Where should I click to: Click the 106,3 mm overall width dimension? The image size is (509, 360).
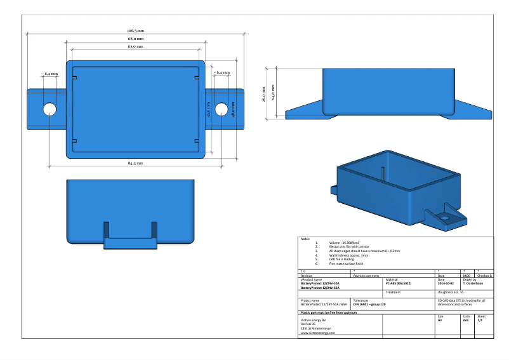point(135,30)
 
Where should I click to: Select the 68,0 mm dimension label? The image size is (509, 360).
point(135,39)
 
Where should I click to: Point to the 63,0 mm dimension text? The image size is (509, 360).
point(135,47)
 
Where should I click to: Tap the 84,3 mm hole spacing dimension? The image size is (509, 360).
point(135,163)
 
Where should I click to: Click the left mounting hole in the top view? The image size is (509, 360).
point(50,109)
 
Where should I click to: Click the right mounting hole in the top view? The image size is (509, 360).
point(221,109)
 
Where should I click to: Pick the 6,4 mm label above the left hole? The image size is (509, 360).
point(50,74)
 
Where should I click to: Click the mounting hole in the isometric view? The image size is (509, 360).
point(445,217)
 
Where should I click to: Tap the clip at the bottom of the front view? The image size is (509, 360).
point(129,242)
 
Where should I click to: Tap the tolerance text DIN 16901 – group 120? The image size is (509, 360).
point(369,305)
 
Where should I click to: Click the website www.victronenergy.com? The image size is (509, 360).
point(318,332)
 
